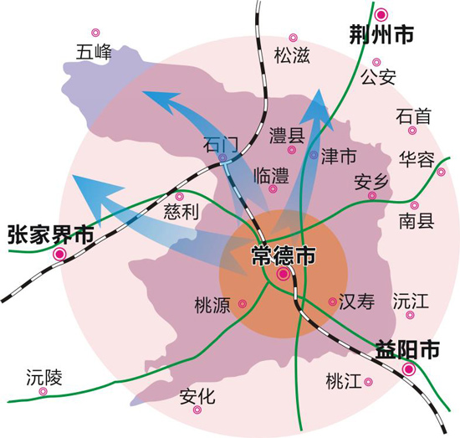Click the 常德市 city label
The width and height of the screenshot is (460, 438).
coord(284,256)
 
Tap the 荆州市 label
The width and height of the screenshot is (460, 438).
coord(381,34)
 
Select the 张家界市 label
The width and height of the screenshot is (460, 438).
coord(51,234)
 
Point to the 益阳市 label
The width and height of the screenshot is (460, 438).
coord(407,349)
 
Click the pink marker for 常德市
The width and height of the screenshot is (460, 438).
coord(284,274)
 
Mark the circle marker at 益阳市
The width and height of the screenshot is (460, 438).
coord(408,369)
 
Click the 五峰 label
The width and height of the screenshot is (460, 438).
coord(94,52)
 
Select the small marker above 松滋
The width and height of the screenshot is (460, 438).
coord(293,38)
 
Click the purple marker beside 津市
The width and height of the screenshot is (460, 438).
coord(314,154)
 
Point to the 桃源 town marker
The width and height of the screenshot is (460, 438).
coord(243,304)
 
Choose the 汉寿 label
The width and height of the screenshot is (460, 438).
coord(357,301)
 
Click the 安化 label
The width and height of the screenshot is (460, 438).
coord(197,397)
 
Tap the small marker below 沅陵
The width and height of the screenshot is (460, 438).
coord(43,391)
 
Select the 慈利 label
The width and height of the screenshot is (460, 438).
coord(181,212)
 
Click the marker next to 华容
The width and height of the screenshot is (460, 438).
coord(441,172)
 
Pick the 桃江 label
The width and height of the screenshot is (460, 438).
coord(344,381)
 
